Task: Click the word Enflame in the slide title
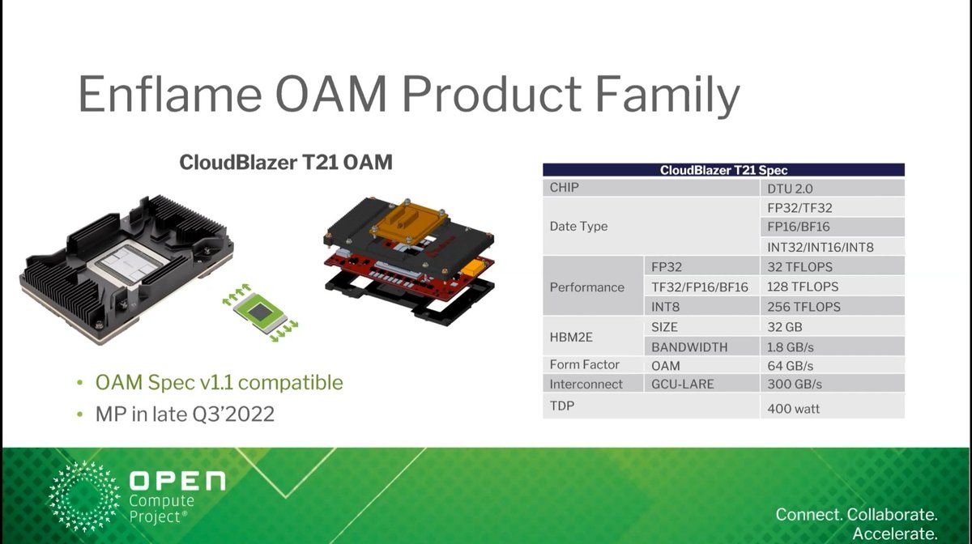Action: coord(170,94)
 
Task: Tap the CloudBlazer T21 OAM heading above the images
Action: coord(286,162)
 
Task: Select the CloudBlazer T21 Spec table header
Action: coord(723,170)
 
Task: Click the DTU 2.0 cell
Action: coord(790,189)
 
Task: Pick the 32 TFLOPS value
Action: coord(799,267)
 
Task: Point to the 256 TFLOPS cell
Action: coord(804,307)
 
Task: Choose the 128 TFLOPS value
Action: coord(803,287)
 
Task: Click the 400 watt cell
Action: coord(793,409)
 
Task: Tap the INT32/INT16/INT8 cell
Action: coord(820,247)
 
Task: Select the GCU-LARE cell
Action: coord(683,384)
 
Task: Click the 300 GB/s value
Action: coord(795,384)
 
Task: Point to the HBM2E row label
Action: coord(571,337)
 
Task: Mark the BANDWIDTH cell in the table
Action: coord(689,347)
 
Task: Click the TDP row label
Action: coord(562,406)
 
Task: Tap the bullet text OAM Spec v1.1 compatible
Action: coord(220,383)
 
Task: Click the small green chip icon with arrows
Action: coord(260,312)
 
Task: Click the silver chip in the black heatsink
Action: coord(128,263)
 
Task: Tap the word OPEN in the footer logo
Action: coord(177,481)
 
